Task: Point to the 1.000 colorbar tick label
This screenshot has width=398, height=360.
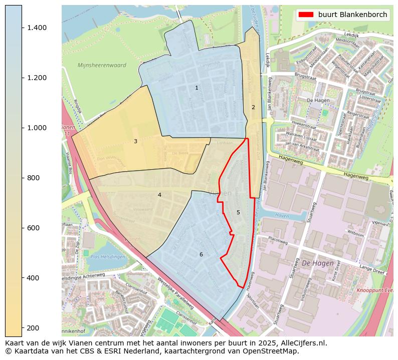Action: coord(37,128)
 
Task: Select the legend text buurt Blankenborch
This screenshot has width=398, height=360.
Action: coord(352,15)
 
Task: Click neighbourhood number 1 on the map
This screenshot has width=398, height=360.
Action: coord(196,88)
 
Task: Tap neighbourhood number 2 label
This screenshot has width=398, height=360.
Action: coord(253,107)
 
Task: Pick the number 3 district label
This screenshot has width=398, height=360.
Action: coord(135,142)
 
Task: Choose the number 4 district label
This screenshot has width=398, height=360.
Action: coord(159,195)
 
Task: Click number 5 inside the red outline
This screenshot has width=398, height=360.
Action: coord(238,212)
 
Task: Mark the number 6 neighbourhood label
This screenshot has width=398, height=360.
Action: coord(201,254)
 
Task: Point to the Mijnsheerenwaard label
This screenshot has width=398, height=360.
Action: coord(102,65)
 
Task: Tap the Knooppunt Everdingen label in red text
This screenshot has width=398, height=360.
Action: coord(375,290)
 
